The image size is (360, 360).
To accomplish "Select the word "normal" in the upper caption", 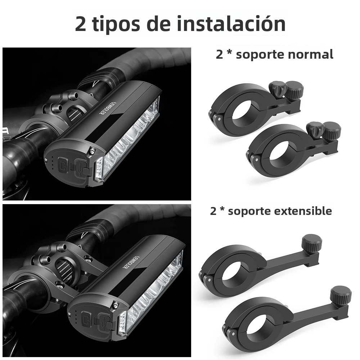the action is [x=310, y=55].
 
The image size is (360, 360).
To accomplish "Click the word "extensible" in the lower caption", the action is [x=303, y=211].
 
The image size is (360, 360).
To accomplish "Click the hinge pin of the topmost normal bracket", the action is [x=219, y=119].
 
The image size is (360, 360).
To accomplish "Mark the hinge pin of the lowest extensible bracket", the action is [x=234, y=333].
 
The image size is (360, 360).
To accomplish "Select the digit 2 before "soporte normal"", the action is [x=219, y=55].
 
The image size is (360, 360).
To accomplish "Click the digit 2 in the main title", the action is [x=81, y=24].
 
